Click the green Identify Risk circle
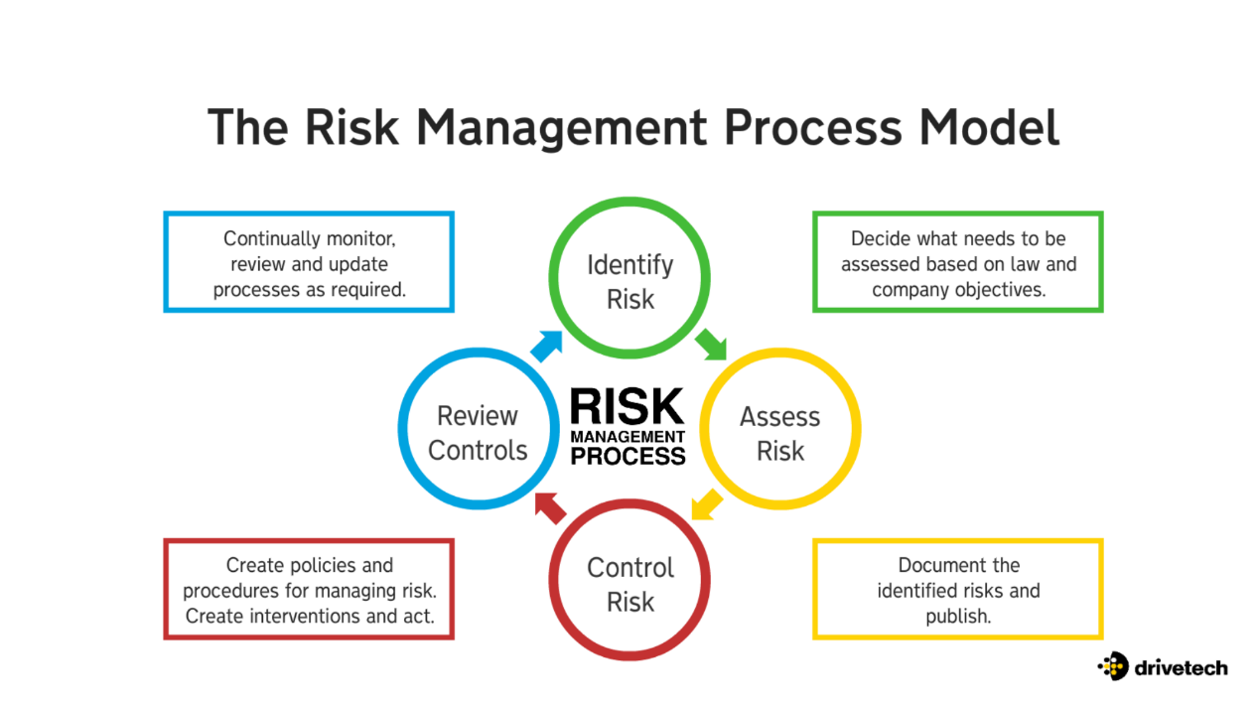[629, 281]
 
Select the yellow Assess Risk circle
[779, 432]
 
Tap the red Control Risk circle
[629, 584]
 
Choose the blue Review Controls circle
[478, 432]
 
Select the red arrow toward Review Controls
[549, 507]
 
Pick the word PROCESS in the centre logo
[628, 457]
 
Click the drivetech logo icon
[1112, 665]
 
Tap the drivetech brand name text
[1181, 666]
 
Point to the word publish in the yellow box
[958, 616]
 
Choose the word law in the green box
[1016, 264]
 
